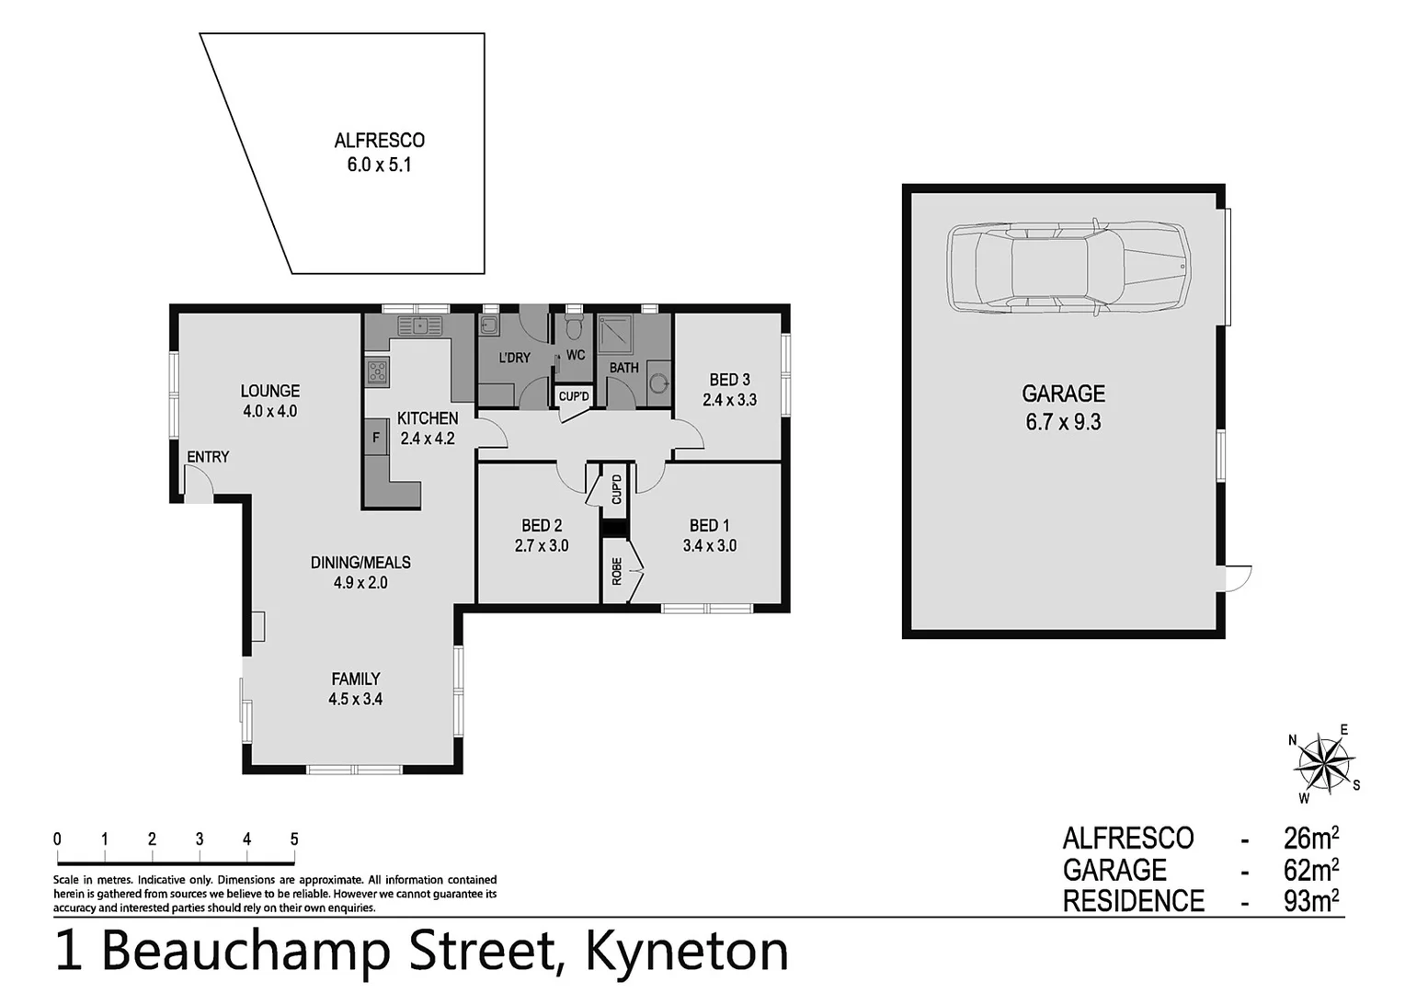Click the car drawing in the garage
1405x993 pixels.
(x=1068, y=268)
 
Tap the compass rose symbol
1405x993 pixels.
(x=1324, y=763)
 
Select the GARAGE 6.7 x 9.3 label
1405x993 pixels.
(x=1063, y=407)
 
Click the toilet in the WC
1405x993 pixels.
(x=575, y=326)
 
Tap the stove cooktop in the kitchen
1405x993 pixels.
(x=377, y=371)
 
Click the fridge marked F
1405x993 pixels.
(x=376, y=438)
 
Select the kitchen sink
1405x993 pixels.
(x=419, y=325)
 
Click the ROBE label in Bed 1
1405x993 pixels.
(x=617, y=571)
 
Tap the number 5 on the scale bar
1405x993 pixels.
(x=294, y=839)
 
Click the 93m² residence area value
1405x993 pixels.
(x=1310, y=900)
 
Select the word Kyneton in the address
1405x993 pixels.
(x=687, y=951)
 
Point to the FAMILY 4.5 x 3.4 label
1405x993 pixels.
(x=355, y=689)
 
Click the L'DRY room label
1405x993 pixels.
(x=514, y=358)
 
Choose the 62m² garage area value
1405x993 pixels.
(x=1310, y=869)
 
